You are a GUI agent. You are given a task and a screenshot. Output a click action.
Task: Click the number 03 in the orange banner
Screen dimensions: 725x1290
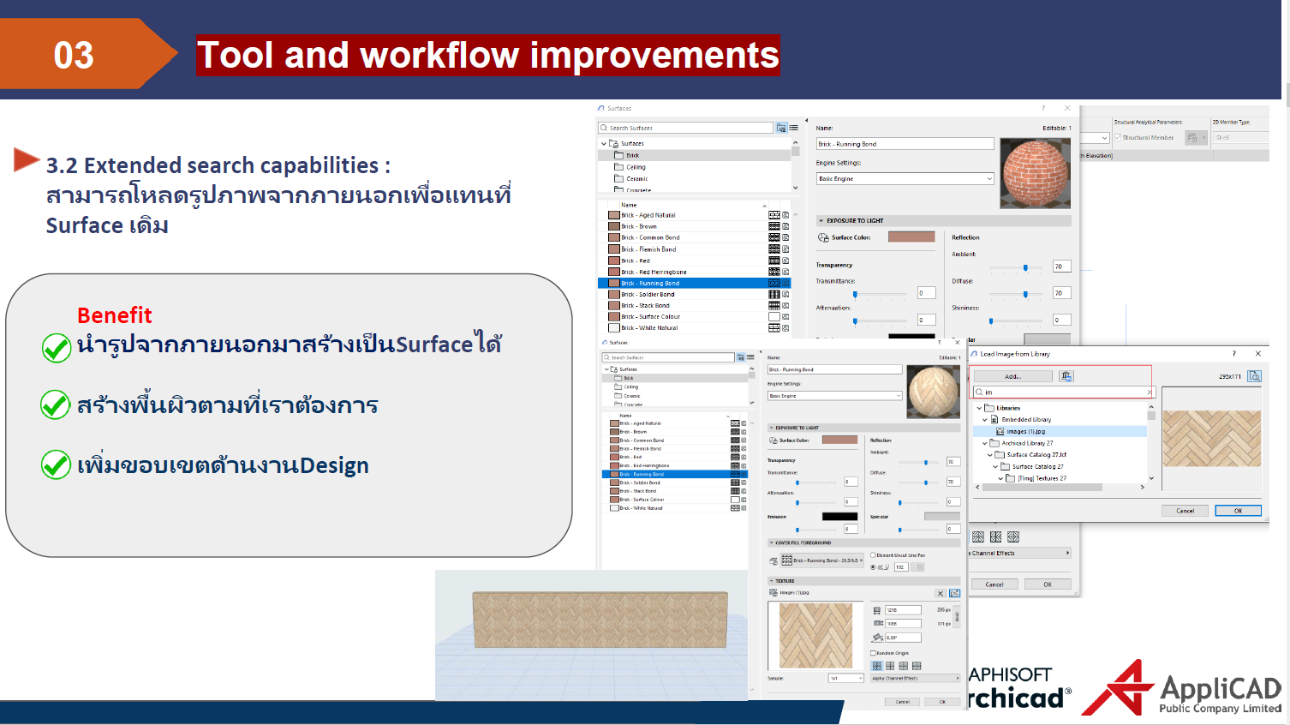tap(74, 56)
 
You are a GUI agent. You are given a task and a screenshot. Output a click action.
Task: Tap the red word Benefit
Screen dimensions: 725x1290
tap(114, 315)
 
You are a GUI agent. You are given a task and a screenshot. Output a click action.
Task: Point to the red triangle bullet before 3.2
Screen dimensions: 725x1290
tap(26, 159)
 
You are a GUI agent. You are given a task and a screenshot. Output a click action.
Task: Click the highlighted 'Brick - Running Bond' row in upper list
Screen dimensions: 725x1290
tap(651, 283)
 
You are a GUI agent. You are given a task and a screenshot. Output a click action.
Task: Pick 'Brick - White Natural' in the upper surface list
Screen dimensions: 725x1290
tap(649, 327)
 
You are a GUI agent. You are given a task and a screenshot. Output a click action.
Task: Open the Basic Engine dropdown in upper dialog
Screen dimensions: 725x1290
tap(905, 179)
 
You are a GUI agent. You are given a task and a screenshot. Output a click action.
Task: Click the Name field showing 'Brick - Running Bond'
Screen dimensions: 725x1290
tap(904, 144)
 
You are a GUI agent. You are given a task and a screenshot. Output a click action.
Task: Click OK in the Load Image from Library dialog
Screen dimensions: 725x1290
tap(1238, 511)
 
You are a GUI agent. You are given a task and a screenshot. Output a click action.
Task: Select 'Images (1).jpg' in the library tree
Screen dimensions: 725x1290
tap(1025, 432)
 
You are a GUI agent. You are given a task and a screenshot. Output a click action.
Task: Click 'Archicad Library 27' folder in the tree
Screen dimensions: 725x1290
tap(1027, 443)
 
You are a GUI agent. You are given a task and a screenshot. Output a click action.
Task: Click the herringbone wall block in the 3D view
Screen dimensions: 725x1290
tap(600, 619)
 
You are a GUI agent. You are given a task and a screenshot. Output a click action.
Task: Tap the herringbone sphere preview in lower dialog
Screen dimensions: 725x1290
tap(933, 391)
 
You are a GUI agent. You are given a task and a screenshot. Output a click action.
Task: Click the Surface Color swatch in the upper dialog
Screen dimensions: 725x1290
tap(911, 237)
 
